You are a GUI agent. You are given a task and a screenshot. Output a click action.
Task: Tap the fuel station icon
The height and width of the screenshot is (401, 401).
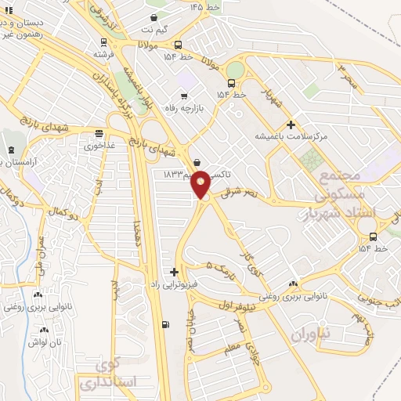coord(164,324)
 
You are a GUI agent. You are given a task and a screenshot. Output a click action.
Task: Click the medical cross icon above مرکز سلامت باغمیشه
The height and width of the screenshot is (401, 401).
coord(291,124)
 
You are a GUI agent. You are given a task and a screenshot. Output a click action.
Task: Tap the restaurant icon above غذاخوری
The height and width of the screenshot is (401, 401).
coord(99,133)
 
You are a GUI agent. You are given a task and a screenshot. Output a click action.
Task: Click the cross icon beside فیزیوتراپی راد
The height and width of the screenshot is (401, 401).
coord(174,272)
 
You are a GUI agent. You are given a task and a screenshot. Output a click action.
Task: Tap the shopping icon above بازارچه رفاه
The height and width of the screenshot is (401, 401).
coord(183,95)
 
